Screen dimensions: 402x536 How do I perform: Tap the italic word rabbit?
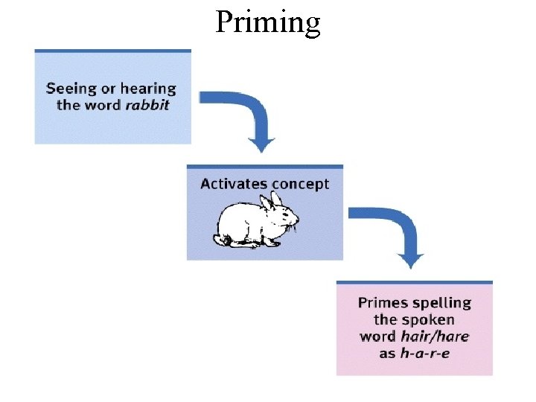pyautogui.click(x=147, y=105)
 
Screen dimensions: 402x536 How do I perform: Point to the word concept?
pyautogui.click(x=300, y=185)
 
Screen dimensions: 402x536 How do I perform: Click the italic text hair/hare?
pyautogui.click(x=435, y=336)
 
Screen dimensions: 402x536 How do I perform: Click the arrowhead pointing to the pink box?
pyautogui.click(x=411, y=260)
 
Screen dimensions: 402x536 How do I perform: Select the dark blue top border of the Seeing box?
pyautogui.click(x=112, y=51)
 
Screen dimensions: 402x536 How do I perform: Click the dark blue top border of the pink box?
pyautogui.click(x=414, y=282)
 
